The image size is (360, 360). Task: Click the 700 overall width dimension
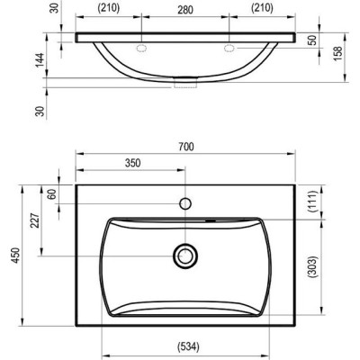coord(186,147)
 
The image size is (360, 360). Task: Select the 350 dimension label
coord(132,163)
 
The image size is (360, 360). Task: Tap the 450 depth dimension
coord(15,256)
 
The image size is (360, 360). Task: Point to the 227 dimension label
coord(35,220)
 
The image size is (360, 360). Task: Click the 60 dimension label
coord(52,194)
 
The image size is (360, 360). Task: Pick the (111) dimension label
coord(312,202)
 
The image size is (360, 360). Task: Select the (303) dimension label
coord(312,267)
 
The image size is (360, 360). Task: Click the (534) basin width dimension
coord(188,346)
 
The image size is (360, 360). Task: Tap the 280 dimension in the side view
coord(185,10)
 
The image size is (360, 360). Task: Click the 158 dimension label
coord(338,54)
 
